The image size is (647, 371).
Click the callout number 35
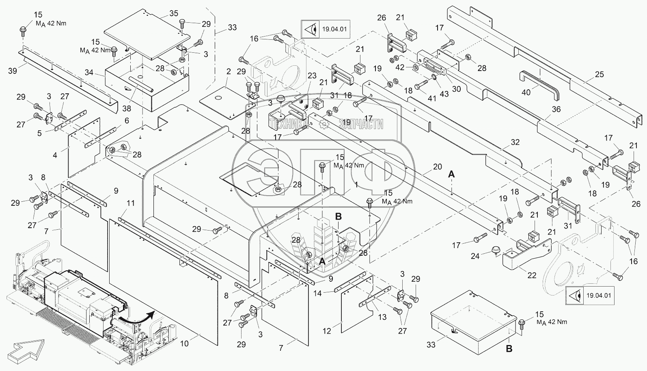click(x=174, y=13)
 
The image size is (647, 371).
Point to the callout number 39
click(x=12, y=71)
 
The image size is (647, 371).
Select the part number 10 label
click(x=184, y=344)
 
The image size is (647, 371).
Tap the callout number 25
click(x=599, y=74)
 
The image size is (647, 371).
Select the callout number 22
click(x=531, y=275)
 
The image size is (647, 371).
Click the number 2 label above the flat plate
click(x=229, y=72)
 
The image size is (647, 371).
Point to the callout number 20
click(x=437, y=167)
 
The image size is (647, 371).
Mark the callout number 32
click(x=515, y=142)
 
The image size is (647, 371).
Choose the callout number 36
click(x=556, y=109)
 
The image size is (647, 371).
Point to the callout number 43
click(x=444, y=94)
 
